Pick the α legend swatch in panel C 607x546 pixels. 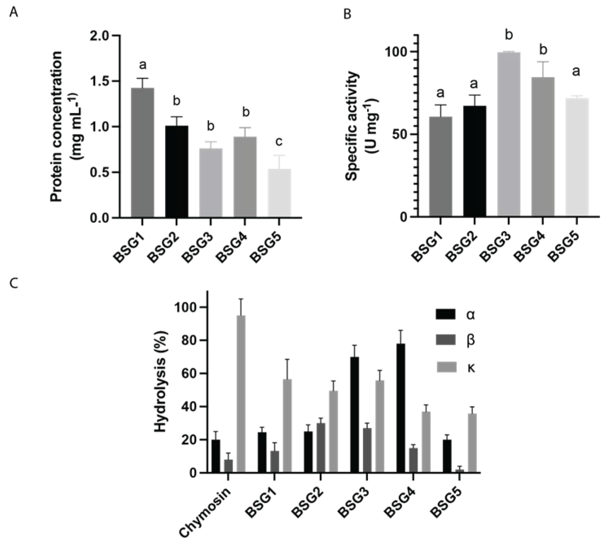click(446, 315)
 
